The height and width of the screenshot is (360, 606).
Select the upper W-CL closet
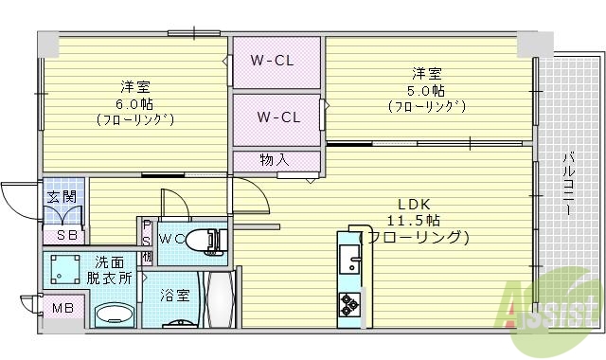pyautogui.click(x=276, y=61)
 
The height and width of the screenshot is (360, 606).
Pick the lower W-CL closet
pyautogui.click(x=278, y=117)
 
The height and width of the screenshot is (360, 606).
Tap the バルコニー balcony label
pyautogui.click(x=567, y=185)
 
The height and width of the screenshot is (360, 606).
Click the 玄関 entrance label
pyautogui.click(x=62, y=197)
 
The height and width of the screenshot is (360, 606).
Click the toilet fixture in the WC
pyautogui.click(x=207, y=241)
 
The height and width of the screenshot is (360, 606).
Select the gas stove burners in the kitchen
pyautogui.click(x=349, y=304)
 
